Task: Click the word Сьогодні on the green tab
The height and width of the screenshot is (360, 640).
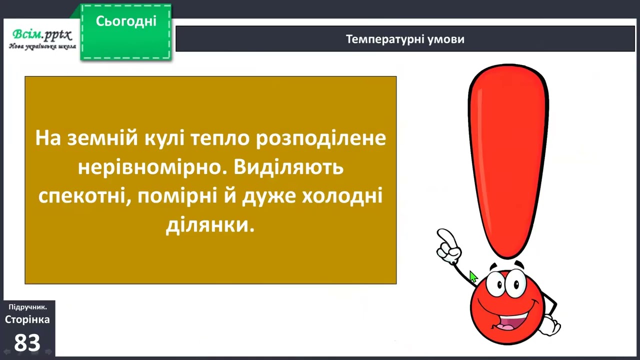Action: (x=126, y=21)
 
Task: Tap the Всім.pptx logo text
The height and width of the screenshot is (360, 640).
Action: (x=42, y=35)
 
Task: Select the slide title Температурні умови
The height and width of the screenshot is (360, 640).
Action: (x=405, y=39)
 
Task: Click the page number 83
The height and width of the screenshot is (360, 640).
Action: (x=27, y=343)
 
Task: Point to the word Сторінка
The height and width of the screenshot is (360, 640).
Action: (x=27, y=319)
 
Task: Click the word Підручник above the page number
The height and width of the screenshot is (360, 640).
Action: (x=27, y=307)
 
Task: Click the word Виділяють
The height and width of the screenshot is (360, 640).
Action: (x=288, y=167)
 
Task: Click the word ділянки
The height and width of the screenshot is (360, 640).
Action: (x=210, y=225)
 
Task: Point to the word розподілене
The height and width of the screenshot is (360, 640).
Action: (x=321, y=138)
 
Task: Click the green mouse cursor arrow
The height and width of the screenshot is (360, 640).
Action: (x=473, y=276)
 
